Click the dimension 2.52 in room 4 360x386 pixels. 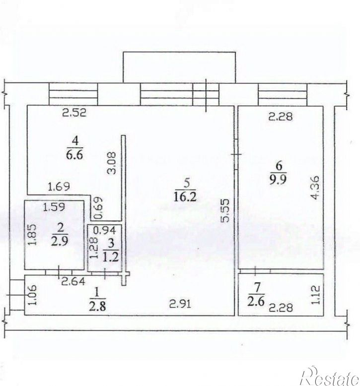(74, 113)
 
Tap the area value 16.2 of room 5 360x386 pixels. (185, 196)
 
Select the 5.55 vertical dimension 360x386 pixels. (225, 210)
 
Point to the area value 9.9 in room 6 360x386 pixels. (278, 180)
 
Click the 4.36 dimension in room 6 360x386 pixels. (315, 188)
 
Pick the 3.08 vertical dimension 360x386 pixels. (112, 163)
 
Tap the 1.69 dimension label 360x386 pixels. (59, 187)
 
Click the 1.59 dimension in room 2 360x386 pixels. (54, 207)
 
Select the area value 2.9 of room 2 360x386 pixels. (60, 241)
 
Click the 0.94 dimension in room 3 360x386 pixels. (105, 230)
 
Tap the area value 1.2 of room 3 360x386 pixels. (111, 257)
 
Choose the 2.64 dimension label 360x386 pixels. (73, 281)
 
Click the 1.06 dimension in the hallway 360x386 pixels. (33, 295)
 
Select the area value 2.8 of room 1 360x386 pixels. (97, 307)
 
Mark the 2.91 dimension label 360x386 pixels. (180, 304)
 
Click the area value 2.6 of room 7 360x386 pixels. (256, 301)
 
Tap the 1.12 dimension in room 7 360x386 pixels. (316, 295)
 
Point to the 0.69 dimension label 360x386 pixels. (98, 208)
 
